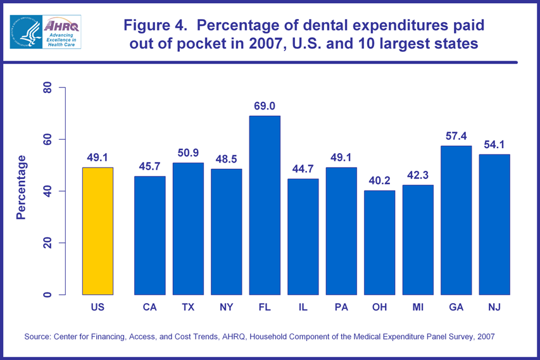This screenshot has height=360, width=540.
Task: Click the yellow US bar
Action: (97, 231)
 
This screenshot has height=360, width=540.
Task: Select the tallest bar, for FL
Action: (265, 205)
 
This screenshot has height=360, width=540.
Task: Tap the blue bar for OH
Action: (379, 242)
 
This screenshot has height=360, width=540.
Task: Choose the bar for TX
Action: (188, 228)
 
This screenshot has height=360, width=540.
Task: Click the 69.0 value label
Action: (265, 106)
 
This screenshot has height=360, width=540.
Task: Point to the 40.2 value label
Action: (379, 181)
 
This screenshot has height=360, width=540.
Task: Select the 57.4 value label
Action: (456, 136)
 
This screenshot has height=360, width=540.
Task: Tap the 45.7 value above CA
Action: (150, 166)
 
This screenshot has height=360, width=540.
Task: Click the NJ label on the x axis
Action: (494, 307)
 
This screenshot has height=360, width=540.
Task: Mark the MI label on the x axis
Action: (418, 307)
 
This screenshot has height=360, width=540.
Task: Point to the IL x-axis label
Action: (303, 307)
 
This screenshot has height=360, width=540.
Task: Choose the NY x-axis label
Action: (226, 307)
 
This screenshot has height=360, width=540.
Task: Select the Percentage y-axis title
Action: (21, 187)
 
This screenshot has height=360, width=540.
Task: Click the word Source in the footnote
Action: (38, 337)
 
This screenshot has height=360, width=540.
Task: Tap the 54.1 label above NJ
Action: (494, 145)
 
